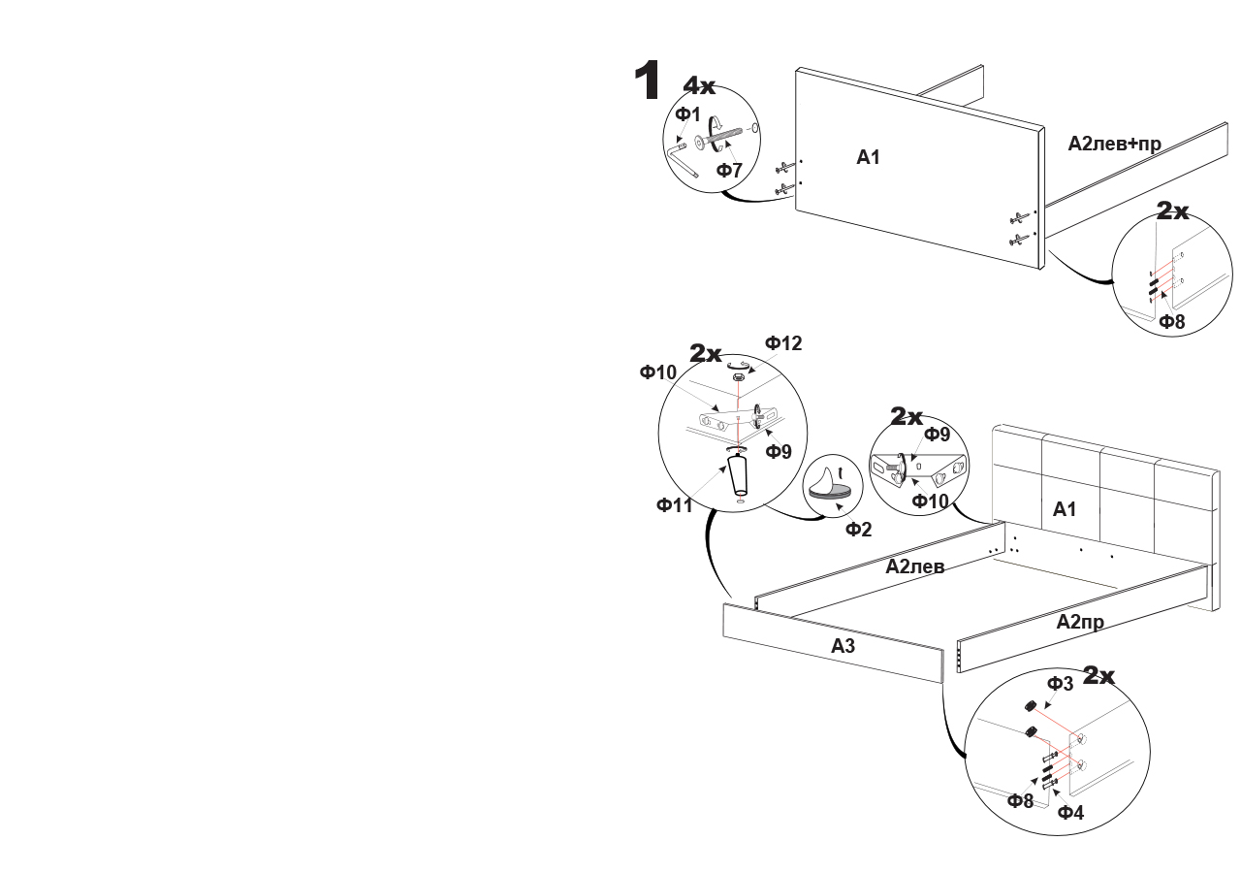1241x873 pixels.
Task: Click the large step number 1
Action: point(648,81)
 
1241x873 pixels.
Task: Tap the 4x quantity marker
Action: point(699,86)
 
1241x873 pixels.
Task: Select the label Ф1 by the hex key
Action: point(688,114)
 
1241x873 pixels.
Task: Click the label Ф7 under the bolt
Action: point(729,171)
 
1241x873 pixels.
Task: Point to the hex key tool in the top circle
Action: point(684,160)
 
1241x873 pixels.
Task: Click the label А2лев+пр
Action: point(1114,144)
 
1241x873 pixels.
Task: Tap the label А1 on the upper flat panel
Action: point(868,156)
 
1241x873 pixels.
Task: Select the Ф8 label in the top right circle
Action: point(1172,322)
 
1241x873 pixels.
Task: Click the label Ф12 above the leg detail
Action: point(783,343)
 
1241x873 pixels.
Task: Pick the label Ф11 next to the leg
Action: point(675,504)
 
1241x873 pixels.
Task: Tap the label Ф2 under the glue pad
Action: point(858,529)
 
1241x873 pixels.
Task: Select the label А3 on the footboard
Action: point(842,645)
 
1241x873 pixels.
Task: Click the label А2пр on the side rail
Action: point(1080,622)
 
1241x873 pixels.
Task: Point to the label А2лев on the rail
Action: point(914,566)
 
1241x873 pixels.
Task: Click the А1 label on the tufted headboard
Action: point(1065,508)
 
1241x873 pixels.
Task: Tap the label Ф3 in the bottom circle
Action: point(1061,684)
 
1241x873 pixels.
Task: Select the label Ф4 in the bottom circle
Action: point(1070,812)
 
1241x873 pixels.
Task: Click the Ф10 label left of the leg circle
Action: point(657,372)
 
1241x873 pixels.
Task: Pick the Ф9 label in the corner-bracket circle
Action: point(937,435)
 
